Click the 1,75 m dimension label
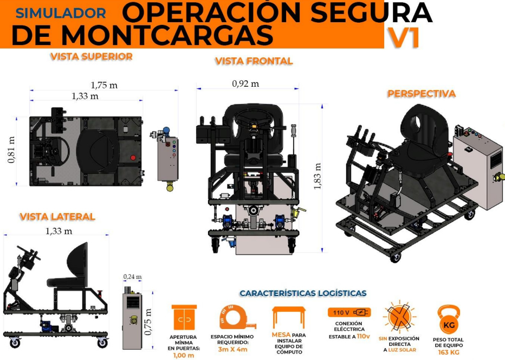(104, 86)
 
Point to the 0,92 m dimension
(245, 84)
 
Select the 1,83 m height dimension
(317, 176)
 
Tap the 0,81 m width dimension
(11, 150)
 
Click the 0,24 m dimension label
(132, 277)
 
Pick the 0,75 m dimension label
(148, 322)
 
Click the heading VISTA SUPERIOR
(92, 56)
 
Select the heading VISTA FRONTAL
(254, 61)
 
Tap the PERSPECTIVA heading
(421, 93)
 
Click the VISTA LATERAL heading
(57, 216)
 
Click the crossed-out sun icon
(399, 317)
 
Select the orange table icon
(289, 318)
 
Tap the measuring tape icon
(237, 317)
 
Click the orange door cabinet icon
(184, 318)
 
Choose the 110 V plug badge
(349, 312)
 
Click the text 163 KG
(449, 352)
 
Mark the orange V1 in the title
(404, 38)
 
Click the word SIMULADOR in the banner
(61, 13)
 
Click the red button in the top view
(133, 158)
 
